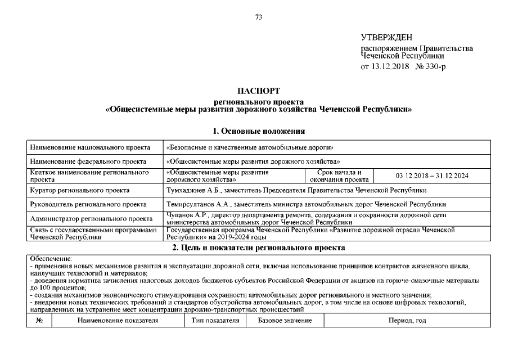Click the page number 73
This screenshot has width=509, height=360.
pyautogui.click(x=259, y=17)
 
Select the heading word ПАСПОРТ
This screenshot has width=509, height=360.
pyautogui.click(x=259, y=91)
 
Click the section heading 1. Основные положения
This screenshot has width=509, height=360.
pyautogui.click(x=259, y=132)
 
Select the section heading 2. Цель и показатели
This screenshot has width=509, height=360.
pyautogui.click(x=259, y=247)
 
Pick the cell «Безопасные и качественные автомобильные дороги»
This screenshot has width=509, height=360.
pyautogui.click(x=251, y=148)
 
